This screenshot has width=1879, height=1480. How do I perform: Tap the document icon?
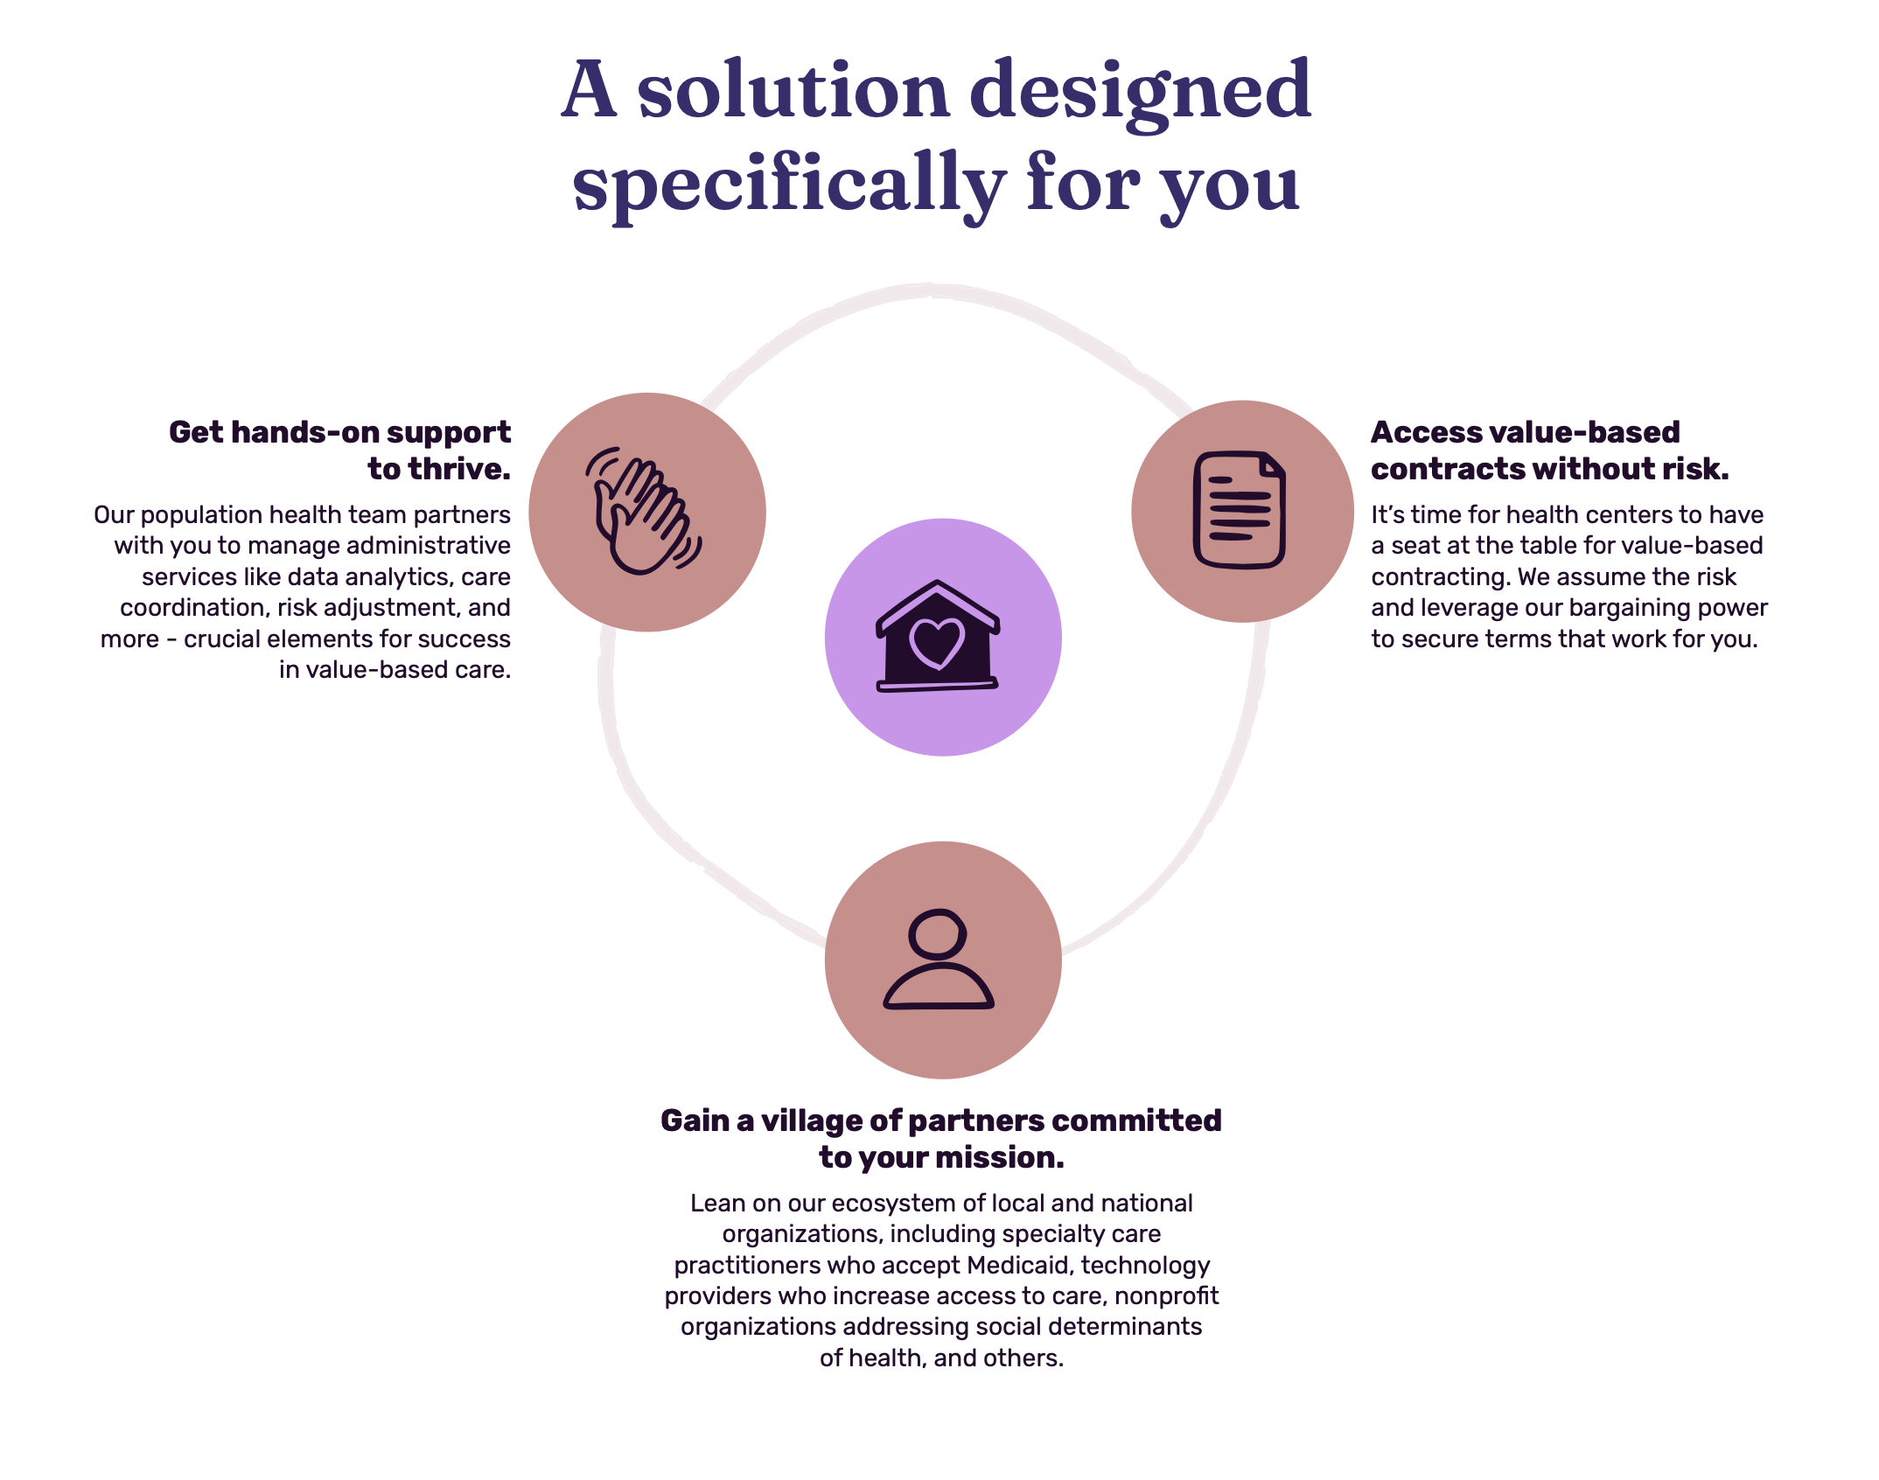[x=1240, y=510]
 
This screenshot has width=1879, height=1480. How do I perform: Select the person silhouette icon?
[x=939, y=960]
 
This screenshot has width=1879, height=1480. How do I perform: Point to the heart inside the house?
[x=937, y=643]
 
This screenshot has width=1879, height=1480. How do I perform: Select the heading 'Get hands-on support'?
[x=339, y=433]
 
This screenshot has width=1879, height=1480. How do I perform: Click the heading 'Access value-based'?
[x=1526, y=432]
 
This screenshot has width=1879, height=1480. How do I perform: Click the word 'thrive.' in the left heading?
[x=439, y=470]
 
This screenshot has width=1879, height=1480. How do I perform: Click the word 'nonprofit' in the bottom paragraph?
[x=1166, y=1297]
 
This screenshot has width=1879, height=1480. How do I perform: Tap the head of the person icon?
[x=937, y=933]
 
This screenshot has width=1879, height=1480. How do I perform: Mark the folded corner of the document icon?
[x=1273, y=464]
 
